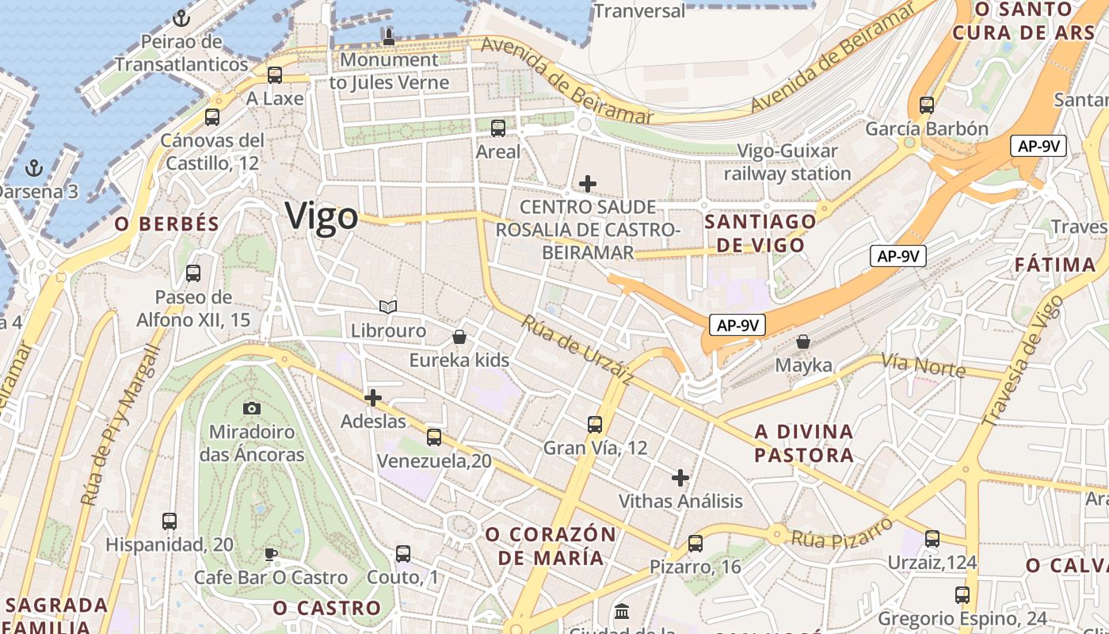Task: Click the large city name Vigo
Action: (322, 216)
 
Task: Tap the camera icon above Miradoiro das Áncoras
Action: (252, 408)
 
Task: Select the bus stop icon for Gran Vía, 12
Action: (595, 424)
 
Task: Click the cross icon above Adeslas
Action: (373, 397)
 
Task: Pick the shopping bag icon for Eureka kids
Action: (459, 337)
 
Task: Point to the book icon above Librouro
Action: (388, 307)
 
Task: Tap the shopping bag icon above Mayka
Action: (803, 342)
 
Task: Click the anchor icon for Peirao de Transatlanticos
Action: (181, 17)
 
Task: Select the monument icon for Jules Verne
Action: (388, 36)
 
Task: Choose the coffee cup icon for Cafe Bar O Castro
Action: (271, 554)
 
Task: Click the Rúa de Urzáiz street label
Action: (577, 350)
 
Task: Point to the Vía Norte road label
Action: (924, 365)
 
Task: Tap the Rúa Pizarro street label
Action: (842, 531)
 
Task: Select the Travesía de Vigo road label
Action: (1023, 361)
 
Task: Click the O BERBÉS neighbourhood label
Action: (166, 224)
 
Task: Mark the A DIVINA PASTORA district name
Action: (804, 443)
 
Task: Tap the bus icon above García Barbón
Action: (927, 105)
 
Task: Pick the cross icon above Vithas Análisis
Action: (680, 478)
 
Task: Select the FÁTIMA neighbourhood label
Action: (1055, 265)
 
